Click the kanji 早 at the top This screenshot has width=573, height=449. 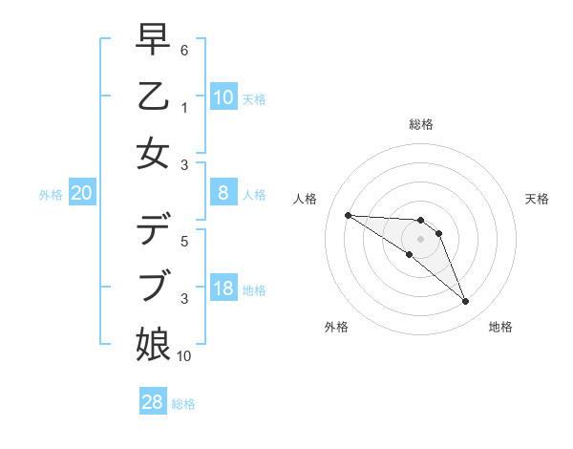click(x=154, y=40)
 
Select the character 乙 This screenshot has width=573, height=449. click(x=154, y=96)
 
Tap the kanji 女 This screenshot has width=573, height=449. click(x=154, y=153)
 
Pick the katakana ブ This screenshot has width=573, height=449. click(x=154, y=287)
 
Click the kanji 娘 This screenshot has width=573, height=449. click(x=154, y=343)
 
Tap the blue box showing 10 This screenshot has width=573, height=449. click(x=223, y=97)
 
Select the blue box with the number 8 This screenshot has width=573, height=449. click(x=223, y=193)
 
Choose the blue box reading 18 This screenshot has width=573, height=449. click(x=223, y=289)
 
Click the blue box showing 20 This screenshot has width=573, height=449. click(x=82, y=193)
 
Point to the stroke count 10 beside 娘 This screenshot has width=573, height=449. click(x=184, y=356)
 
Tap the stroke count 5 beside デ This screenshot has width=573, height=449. click(x=183, y=242)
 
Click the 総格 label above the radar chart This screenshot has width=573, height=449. click(x=420, y=124)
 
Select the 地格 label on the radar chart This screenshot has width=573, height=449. click(x=500, y=327)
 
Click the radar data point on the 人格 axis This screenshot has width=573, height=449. click(x=348, y=215)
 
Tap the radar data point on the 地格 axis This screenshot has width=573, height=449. click(x=465, y=302)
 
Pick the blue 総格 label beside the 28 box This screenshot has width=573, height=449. click(x=183, y=404)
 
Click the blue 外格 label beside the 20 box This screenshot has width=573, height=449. click(x=51, y=195)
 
